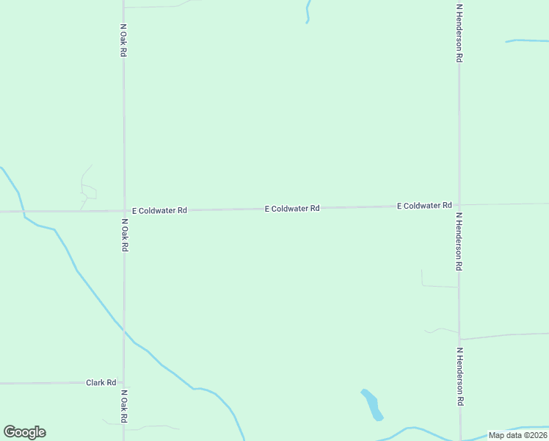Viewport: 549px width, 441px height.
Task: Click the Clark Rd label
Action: [x=101, y=383]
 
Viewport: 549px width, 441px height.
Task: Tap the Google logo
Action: [x=25, y=432]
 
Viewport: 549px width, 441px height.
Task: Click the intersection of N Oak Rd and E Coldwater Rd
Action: [x=123, y=211]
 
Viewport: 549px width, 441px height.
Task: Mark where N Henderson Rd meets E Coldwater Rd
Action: [x=459, y=205]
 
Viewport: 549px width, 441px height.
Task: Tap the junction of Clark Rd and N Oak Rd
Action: [x=123, y=382]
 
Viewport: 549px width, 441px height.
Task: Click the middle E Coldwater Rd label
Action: [x=292, y=209]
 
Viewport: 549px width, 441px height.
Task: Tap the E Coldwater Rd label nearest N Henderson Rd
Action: [x=424, y=206]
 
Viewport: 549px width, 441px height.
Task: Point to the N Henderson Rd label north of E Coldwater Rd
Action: [x=459, y=32]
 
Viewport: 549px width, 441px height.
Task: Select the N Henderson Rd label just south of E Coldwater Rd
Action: [x=459, y=242]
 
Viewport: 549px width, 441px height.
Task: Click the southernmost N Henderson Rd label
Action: [x=460, y=377]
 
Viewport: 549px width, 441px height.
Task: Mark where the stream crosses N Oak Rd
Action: [x=123, y=333]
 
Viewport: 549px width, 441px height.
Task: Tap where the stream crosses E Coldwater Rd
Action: [x=23, y=212]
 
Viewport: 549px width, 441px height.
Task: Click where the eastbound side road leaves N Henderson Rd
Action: [x=460, y=339]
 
